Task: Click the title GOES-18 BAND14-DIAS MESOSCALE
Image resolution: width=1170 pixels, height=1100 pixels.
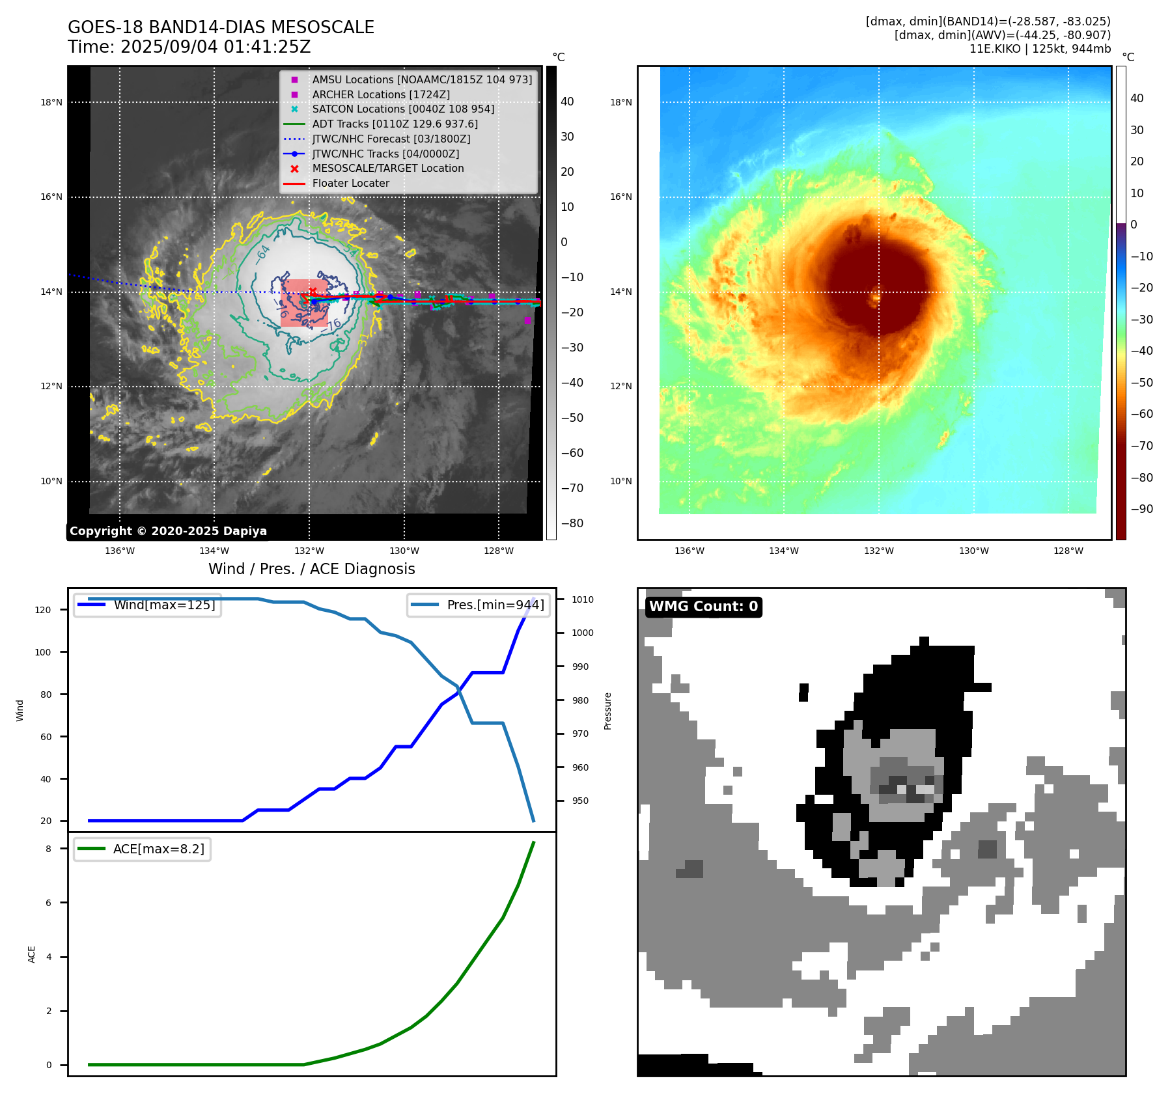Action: [x=221, y=27]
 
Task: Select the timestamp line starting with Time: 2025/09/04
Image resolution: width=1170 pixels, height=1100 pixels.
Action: [x=189, y=47]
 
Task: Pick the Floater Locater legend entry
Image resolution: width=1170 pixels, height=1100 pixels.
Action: [x=350, y=183]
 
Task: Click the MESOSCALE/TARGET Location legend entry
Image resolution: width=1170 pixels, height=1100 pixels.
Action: [x=387, y=168]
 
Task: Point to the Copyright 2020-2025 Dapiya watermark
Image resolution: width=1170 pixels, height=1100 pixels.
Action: [x=168, y=531]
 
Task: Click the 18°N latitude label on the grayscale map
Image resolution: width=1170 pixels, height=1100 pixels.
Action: [x=51, y=102]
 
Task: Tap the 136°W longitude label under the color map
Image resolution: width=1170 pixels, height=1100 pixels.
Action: [x=689, y=551]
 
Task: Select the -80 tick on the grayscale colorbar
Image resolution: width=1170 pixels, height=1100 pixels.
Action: [x=572, y=523]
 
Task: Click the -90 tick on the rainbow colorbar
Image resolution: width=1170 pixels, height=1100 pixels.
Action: [x=1141, y=509]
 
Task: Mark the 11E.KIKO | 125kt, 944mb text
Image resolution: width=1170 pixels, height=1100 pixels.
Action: [x=1040, y=49]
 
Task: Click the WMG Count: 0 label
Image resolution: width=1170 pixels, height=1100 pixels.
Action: [x=703, y=607]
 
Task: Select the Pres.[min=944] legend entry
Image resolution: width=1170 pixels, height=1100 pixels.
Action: [x=495, y=605]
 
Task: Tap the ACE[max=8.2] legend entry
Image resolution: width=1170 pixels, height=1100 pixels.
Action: [x=158, y=849]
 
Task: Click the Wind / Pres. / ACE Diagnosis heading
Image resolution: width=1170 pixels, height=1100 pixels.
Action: [x=311, y=569]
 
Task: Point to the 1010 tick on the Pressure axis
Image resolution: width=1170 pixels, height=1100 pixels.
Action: [x=582, y=599]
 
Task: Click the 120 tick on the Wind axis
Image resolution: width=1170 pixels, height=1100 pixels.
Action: [x=43, y=610]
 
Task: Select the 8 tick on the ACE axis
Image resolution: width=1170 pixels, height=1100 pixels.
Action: [x=48, y=849]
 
